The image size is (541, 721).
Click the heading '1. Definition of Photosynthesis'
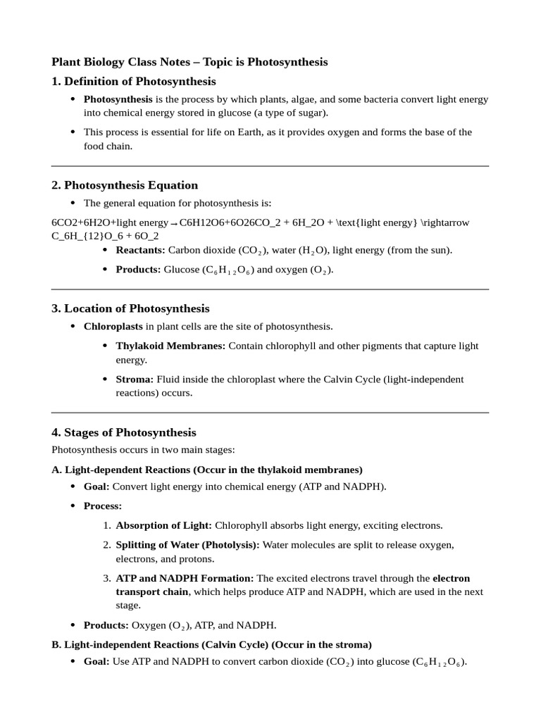click(134, 82)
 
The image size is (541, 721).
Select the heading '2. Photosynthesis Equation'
click(125, 185)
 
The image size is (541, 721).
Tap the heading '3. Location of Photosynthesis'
click(130, 308)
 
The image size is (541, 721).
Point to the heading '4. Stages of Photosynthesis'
click(124, 432)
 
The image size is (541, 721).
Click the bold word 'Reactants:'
click(141, 250)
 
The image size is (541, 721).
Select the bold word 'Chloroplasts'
click(113, 327)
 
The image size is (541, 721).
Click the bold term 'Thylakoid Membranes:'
click(170, 346)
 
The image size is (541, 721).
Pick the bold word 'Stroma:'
click(135, 379)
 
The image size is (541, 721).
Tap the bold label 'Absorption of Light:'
click(163, 525)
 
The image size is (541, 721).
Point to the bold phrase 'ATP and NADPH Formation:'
click(185, 578)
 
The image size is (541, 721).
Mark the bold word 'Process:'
click(103, 506)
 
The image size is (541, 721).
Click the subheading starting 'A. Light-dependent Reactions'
click(207, 469)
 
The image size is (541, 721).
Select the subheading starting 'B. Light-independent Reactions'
click(212, 644)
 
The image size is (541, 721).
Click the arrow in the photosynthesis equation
click(174, 224)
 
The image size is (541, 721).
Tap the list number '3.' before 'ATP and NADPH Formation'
click(107, 578)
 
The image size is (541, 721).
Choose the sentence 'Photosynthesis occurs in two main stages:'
click(143, 449)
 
